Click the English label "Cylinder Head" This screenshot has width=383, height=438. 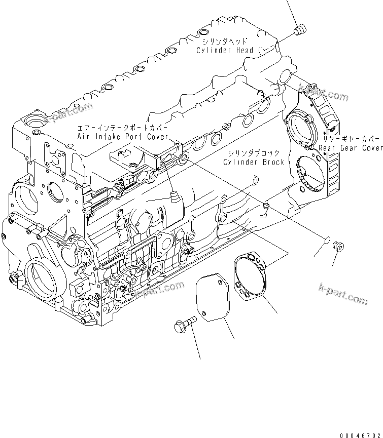point(226,51)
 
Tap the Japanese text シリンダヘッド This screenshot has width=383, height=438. point(223,42)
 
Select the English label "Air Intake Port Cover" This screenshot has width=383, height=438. point(122,137)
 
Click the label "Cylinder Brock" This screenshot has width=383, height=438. point(253,162)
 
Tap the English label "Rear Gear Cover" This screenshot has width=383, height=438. point(351,148)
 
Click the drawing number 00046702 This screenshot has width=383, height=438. point(360,434)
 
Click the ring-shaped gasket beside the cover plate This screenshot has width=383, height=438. point(252,275)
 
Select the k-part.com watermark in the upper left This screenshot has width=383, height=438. point(69,112)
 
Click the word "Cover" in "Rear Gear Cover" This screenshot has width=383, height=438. point(371,148)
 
